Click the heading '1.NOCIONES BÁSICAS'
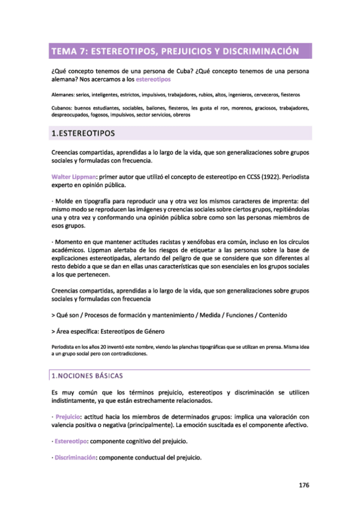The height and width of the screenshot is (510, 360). point(87,376)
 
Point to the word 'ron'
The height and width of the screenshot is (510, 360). point(222,108)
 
